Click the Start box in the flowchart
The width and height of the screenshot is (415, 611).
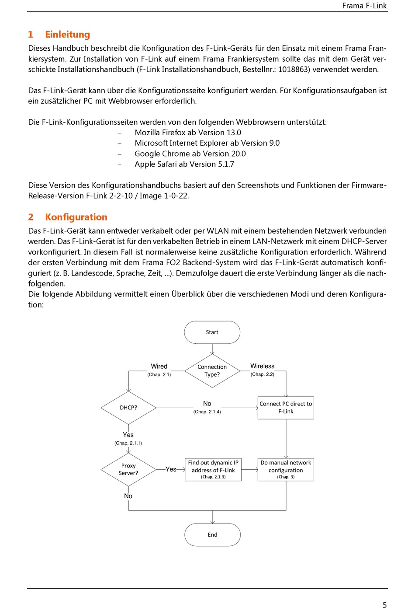click(x=212, y=332)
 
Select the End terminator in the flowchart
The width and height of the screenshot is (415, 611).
click(x=212, y=534)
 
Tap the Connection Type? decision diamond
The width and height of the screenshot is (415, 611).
click(x=212, y=370)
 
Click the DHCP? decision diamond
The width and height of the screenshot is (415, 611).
click(x=128, y=408)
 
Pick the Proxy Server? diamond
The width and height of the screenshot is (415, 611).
click(x=128, y=469)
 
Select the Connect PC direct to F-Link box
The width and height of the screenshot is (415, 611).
click(x=286, y=408)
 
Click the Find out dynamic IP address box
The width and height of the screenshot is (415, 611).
click(x=213, y=469)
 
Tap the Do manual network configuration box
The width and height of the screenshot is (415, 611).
click(x=286, y=469)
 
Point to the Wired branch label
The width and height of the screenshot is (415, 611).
click(x=159, y=367)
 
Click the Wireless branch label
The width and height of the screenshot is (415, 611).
click(x=262, y=366)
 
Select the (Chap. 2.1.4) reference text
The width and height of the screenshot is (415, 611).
click(x=207, y=412)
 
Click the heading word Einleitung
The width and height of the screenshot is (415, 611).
click(x=67, y=35)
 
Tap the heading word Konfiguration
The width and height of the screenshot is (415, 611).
click(x=76, y=217)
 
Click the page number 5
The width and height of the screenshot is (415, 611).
click(x=384, y=605)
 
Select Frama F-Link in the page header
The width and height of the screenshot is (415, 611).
click(x=364, y=6)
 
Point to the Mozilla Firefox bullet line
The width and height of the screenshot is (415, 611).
click(x=188, y=133)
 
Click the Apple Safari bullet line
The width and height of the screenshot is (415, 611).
click(x=184, y=164)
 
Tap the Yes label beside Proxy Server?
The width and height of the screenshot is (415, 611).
click(x=171, y=469)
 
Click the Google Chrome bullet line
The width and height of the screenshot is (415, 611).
click(x=190, y=154)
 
